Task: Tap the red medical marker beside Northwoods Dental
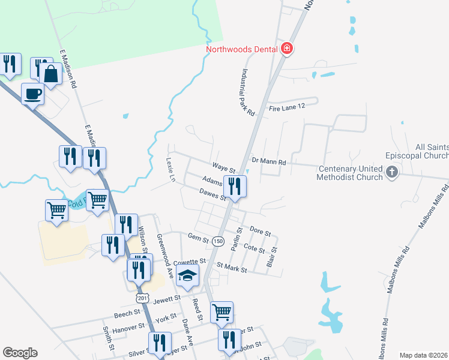tap(287, 49)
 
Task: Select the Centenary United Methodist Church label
tap(351, 173)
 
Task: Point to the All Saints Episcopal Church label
tap(432, 151)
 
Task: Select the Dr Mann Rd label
tap(269, 161)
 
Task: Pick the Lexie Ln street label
tap(170, 170)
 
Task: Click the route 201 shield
tap(142, 298)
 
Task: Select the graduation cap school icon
tap(188, 277)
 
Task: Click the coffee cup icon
tap(33, 94)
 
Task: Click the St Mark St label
tap(232, 267)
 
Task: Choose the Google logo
tap(20, 353)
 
